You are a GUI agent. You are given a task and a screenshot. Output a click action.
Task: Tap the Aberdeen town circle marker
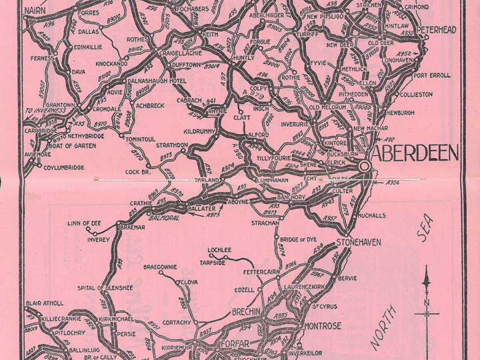tap(365, 166)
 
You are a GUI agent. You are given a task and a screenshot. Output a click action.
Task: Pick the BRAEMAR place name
tap(131, 227)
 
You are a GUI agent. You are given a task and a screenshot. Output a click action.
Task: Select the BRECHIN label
tap(249, 312)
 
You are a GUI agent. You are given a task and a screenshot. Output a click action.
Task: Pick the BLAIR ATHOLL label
tap(45, 303)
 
